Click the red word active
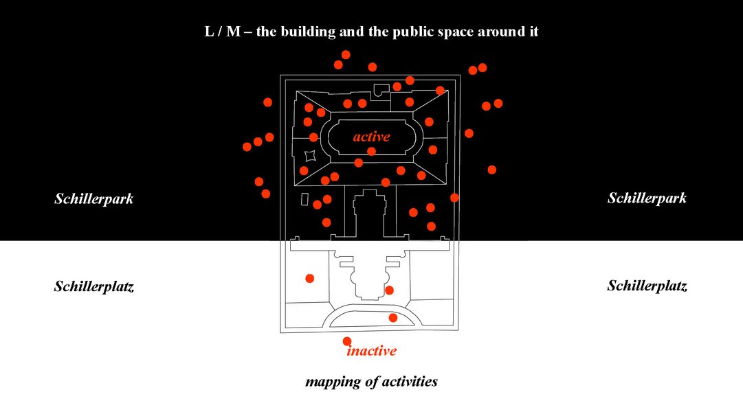point(371,137)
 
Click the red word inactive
point(372,351)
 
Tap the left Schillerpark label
point(93,199)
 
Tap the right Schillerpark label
point(647,198)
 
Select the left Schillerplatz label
point(93,286)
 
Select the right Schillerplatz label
point(647,286)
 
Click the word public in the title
point(414,32)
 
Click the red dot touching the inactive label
point(347,341)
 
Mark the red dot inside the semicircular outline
point(393,317)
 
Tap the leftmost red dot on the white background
point(309,278)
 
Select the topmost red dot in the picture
point(346,54)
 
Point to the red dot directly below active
point(372,151)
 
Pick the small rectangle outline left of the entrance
point(304,199)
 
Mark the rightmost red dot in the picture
point(498,103)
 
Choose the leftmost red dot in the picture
point(247,146)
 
